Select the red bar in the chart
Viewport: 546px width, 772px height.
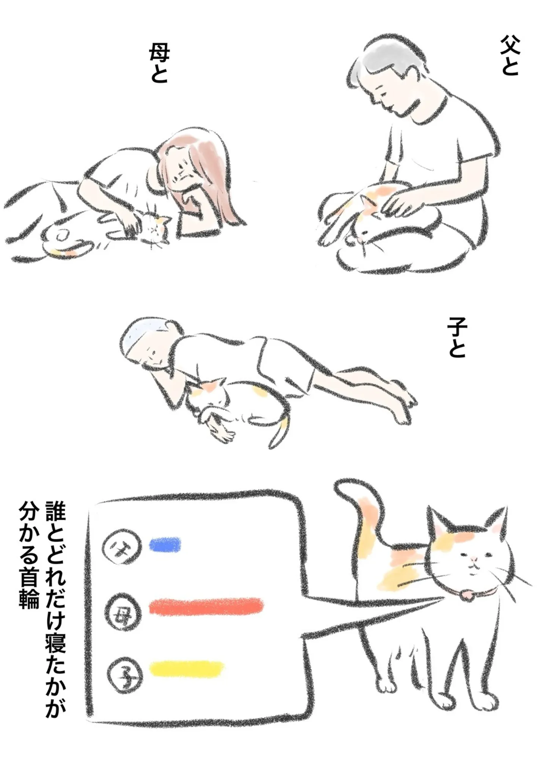(x=206, y=607)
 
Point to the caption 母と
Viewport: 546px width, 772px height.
(x=158, y=63)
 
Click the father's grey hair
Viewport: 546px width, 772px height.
(x=387, y=61)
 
